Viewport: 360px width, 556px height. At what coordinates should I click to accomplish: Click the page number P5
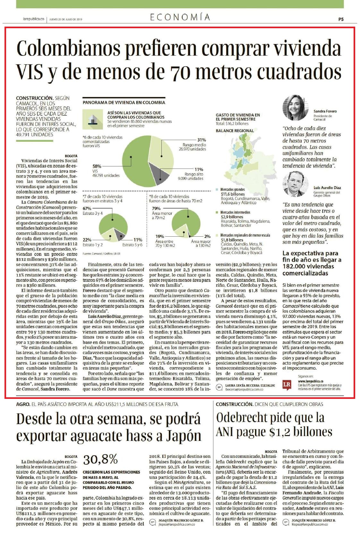point(341,19)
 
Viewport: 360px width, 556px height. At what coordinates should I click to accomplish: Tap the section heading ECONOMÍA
point(180,17)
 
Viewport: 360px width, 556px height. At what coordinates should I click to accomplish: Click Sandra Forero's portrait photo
point(295,107)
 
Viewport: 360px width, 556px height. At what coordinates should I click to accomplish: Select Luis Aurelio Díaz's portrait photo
point(295,184)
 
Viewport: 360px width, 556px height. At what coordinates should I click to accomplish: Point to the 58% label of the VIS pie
point(97,166)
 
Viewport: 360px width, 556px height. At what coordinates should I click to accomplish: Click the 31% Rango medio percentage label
point(201,140)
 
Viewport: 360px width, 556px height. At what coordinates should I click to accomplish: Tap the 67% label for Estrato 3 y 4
point(87,209)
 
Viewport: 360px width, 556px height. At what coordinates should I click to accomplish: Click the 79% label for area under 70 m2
point(156,209)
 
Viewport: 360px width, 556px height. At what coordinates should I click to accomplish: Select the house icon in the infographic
point(93,119)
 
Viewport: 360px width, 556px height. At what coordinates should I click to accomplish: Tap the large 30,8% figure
point(100,460)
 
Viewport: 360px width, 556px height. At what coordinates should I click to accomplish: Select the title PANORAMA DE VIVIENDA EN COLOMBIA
point(124,103)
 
